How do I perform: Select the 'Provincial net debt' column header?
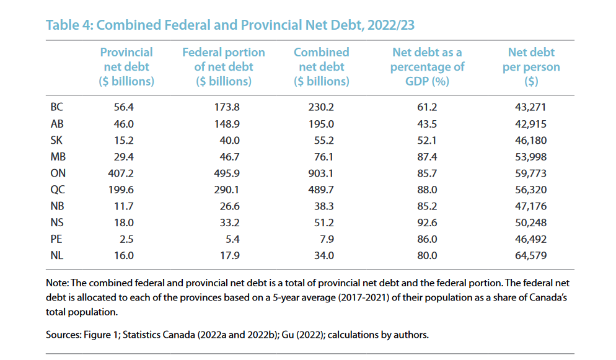(x=126, y=66)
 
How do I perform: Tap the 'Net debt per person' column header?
(x=530, y=66)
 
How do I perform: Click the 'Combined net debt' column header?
(x=321, y=66)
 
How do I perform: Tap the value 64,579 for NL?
(x=530, y=255)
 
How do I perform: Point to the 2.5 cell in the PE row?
(x=128, y=239)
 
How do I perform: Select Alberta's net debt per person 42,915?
(x=530, y=124)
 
